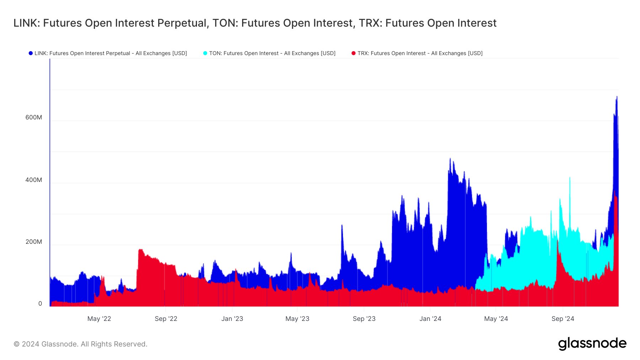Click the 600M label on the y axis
coord(33,118)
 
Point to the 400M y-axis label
coord(33,180)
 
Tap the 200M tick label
coord(33,242)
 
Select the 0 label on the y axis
coord(40,303)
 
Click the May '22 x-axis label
coord(99,319)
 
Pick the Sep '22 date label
coord(166,319)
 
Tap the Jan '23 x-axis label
coord(232,319)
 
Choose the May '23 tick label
coord(297,319)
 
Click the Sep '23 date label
coord(364,319)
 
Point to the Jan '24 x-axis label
coord(430,319)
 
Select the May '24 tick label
coord(496,319)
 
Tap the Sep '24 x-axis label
coord(563,319)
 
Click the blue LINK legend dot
coord(31,53)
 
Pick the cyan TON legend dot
coord(205,53)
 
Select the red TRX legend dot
coord(353,53)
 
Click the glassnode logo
coord(592,344)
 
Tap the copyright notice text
coord(80,344)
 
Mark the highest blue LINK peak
coord(617,97)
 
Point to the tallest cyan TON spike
coord(570,177)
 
